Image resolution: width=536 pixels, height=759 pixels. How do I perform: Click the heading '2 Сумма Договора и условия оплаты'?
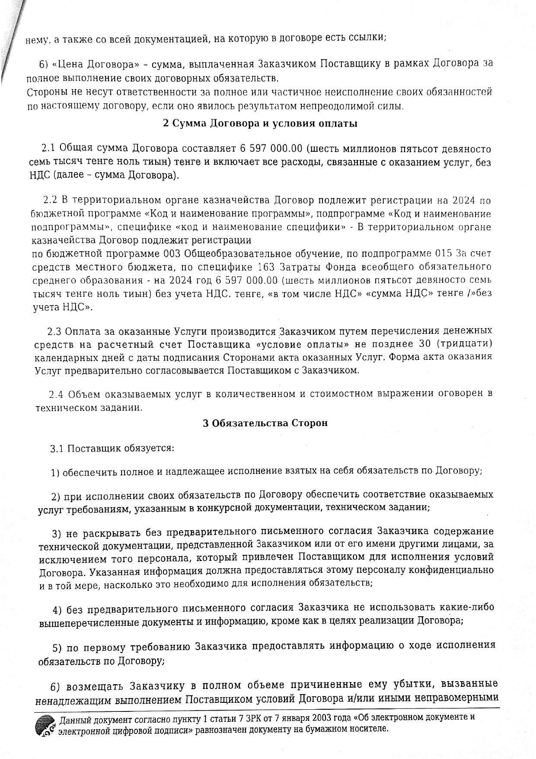260,124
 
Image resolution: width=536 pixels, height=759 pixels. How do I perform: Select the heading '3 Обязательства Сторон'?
265,423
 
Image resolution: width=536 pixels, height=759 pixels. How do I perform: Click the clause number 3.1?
57,448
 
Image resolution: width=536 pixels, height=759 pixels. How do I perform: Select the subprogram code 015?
444,253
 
